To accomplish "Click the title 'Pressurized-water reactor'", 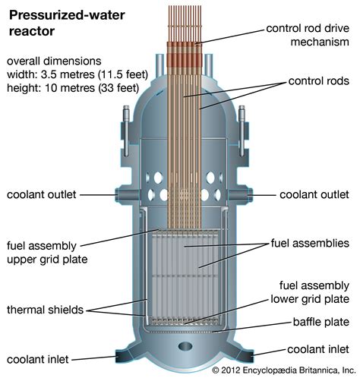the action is (x=67, y=23).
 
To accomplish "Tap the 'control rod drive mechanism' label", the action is (x=308, y=35).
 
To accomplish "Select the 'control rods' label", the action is (x=319, y=81).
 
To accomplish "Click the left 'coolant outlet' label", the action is (x=42, y=194).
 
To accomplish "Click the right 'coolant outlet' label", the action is (x=314, y=194).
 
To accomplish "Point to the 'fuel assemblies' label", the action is (x=310, y=243).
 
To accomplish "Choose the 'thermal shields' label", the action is (x=45, y=310).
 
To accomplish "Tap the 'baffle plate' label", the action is (x=321, y=322).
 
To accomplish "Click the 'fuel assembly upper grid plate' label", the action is (x=47, y=253).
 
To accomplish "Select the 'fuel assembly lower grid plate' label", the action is (x=310, y=292).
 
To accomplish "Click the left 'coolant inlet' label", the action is (x=38, y=359).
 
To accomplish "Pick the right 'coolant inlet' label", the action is (x=318, y=349).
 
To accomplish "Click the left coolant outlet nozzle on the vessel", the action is (x=127, y=195).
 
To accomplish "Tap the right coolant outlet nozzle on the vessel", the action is (x=240, y=195).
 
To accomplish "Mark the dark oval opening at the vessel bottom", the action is (x=185, y=346).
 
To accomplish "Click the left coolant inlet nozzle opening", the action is (x=121, y=356).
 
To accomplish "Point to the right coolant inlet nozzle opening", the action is (x=248, y=356).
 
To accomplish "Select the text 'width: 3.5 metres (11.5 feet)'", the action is (x=77, y=74).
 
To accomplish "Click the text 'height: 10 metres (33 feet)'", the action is (x=73, y=88).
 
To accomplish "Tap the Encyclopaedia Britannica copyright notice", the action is (x=284, y=370).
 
